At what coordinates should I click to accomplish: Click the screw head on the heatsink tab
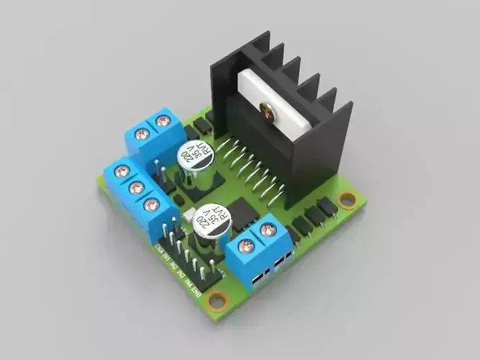click(269, 112)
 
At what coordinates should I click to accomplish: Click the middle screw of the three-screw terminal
click(136, 188)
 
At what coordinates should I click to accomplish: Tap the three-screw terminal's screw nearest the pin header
click(151, 205)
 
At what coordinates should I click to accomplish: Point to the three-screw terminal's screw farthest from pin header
click(122, 171)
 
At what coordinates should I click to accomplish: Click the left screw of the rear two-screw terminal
click(142, 134)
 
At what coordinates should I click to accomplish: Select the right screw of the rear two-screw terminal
click(163, 121)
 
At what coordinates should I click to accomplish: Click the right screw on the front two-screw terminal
click(268, 230)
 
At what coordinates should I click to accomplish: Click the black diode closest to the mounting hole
click(327, 207)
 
